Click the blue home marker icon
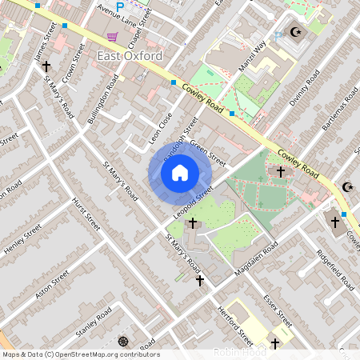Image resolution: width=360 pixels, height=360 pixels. tap(180, 172)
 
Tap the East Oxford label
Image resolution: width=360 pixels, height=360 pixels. tap(129, 56)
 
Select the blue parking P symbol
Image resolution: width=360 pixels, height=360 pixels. tap(120, 7)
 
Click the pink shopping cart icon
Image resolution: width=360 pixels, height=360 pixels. tap(112, 37)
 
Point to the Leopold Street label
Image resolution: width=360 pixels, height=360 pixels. tap(193, 204)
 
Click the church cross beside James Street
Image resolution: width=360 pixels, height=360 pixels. tap(46, 67)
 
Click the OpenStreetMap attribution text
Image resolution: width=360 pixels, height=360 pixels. tap(80, 354)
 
